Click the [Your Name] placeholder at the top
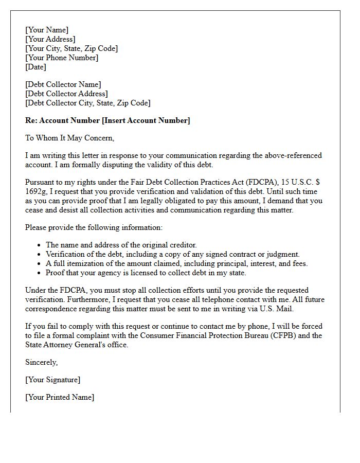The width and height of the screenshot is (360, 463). click(x=47, y=30)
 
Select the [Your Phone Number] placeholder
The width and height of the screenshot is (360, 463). click(x=62, y=58)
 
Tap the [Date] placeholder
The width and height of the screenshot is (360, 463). click(x=35, y=67)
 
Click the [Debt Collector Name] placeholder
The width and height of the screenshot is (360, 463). click(x=63, y=84)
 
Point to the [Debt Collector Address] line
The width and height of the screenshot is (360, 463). click(x=66, y=94)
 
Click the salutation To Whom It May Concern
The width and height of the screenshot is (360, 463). click(x=69, y=138)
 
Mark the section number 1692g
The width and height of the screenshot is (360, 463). click(x=37, y=191)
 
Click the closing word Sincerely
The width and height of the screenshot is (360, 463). click(x=42, y=362)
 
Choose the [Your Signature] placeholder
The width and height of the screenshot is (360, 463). click(x=52, y=380)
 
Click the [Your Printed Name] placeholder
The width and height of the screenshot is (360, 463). click(x=60, y=397)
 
